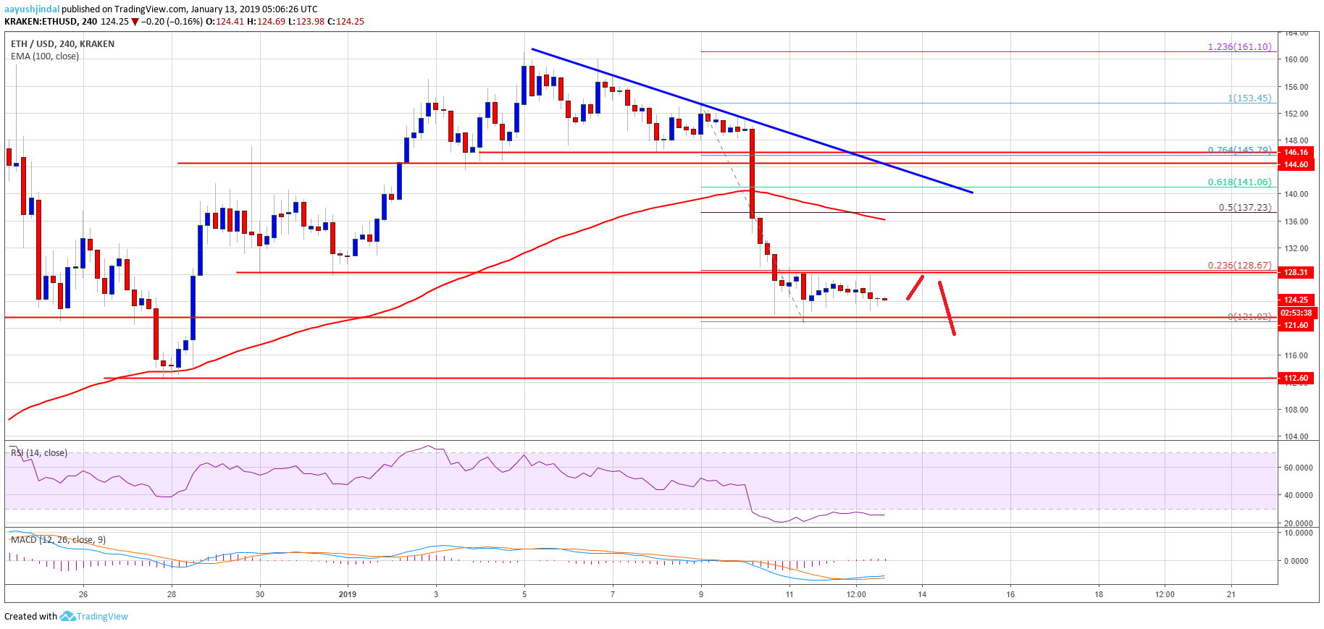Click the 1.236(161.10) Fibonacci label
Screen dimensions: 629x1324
1239,47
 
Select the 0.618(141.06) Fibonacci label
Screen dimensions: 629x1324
1239,182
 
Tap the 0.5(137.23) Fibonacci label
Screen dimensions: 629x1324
1244,208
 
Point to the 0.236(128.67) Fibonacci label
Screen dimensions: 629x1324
1239,266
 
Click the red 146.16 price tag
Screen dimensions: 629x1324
1296,152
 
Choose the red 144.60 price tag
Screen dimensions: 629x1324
1296,164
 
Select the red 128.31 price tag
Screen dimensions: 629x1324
1296,273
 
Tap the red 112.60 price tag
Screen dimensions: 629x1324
1296,378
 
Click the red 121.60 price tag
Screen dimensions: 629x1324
1296,325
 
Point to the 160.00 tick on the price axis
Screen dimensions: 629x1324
1296,60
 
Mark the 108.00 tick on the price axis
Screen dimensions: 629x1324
1296,410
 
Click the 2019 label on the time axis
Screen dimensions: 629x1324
348,594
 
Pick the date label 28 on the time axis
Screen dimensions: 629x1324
172,594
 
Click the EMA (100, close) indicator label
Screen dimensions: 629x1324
45,56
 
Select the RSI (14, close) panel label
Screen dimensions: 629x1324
39,453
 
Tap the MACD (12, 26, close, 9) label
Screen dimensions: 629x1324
58,540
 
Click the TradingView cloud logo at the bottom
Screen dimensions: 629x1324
67,617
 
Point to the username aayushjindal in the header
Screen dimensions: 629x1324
32,9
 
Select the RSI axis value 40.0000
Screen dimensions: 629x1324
1298,496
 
